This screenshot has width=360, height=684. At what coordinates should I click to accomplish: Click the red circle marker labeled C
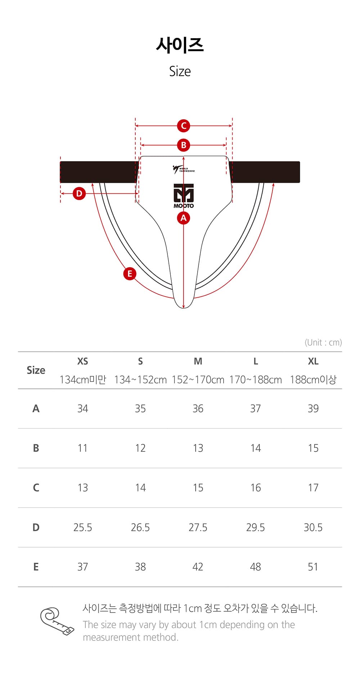coord(184,126)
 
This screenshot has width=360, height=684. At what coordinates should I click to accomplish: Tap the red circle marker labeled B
coord(184,145)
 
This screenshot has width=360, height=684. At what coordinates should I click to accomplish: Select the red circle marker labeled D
coord(79,193)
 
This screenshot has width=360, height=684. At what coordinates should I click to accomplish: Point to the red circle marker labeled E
coord(130,274)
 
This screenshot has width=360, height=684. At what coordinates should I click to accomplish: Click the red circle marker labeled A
coord(184,218)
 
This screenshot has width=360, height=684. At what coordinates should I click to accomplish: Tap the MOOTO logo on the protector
coord(184,196)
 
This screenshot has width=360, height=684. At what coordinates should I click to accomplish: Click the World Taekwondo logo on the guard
coord(183,169)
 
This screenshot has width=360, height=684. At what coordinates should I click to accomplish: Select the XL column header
coord(313,361)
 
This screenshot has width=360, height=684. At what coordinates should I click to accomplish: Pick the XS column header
coord(83,361)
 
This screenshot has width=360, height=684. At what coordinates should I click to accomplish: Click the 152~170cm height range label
coord(198,380)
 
